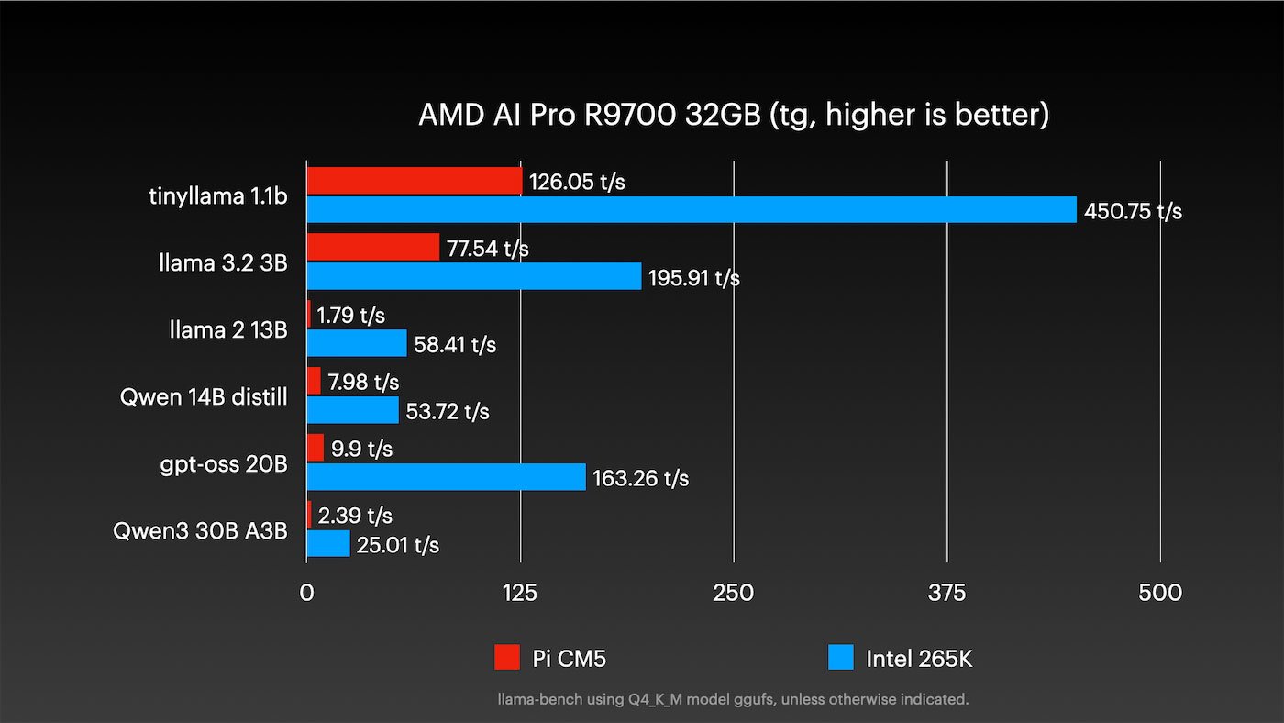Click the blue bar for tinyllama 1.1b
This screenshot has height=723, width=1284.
point(691,210)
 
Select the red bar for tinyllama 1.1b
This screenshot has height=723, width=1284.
point(414,181)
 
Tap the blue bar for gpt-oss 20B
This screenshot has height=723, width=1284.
point(446,477)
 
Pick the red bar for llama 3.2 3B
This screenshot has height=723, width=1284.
point(372,247)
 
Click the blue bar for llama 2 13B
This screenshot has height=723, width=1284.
point(356,343)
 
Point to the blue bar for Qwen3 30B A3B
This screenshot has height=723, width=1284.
point(327,544)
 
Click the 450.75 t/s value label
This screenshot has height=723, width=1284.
point(1133,211)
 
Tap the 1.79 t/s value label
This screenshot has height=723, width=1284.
point(350,316)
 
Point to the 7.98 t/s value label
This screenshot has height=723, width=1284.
point(363,382)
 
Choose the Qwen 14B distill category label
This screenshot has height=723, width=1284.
point(204,397)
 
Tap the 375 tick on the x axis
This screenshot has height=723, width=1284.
point(946,593)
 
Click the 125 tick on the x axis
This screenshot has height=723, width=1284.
point(520,593)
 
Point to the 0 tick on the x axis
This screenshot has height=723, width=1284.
point(306,593)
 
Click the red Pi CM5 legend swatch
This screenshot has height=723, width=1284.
point(507,657)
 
